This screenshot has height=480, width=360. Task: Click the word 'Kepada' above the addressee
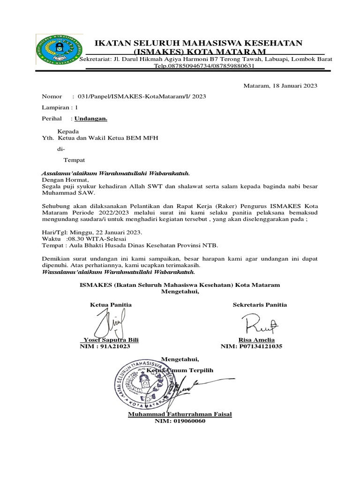[68, 131]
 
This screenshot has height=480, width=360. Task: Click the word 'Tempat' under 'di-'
[75, 160]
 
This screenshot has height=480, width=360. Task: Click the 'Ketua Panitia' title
[111, 305]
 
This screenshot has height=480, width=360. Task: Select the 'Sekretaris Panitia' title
[260, 305]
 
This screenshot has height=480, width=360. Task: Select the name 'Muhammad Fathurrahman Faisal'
[180, 414]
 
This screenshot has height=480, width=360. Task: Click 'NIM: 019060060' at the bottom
[180, 421]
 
